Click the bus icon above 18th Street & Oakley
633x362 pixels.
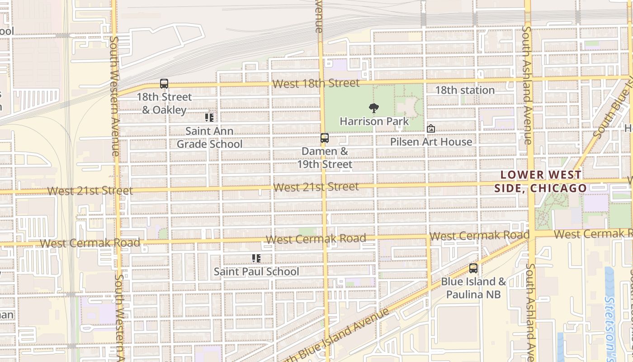(x=164, y=84)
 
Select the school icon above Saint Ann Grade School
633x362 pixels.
(x=209, y=118)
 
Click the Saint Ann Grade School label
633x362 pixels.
(x=209, y=138)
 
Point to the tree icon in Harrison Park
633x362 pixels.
(x=373, y=108)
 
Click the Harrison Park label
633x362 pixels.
(x=374, y=121)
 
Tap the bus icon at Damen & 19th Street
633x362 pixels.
(x=325, y=138)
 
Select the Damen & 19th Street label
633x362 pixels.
(x=325, y=157)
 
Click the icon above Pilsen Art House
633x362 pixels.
(x=431, y=129)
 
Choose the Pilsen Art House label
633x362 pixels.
(x=431, y=142)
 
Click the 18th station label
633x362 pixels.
(x=465, y=90)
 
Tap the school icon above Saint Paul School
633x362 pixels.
(x=256, y=258)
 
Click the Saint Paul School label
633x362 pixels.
(x=256, y=271)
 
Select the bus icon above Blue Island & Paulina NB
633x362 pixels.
(x=473, y=268)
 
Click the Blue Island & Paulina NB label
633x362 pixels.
(x=473, y=288)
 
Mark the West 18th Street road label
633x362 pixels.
(x=316, y=83)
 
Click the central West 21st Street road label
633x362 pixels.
(x=316, y=186)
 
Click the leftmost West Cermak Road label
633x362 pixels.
(x=90, y=243)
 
